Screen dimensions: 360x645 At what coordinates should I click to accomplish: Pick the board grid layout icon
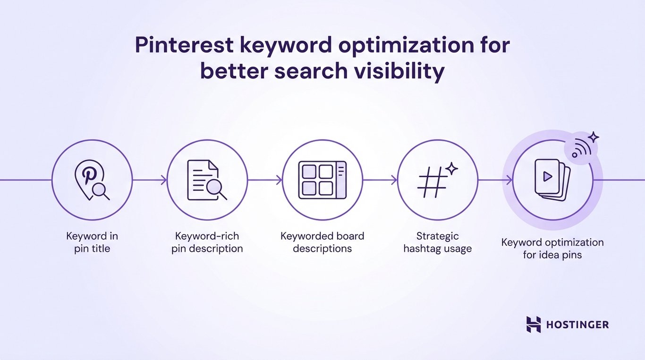(322, 180)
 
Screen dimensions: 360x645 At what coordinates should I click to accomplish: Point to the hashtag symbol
(432, 182)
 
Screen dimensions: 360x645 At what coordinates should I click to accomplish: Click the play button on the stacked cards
(548, 177)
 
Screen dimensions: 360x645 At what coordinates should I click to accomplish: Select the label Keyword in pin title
(92, 242)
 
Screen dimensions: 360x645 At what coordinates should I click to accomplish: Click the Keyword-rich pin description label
(207, 242)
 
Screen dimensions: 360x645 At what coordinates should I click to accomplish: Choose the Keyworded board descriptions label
(322, 242)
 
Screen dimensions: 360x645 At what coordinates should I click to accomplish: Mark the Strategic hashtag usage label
(438, 242)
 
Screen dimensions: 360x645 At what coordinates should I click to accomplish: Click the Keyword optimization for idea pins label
(552, 249)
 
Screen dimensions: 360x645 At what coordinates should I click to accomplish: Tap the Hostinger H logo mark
(533, 325)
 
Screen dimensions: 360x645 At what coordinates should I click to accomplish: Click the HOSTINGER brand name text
(577, 325)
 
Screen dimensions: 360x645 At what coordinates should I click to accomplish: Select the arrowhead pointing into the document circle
(164, 180)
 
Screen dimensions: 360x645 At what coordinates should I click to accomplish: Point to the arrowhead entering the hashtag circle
(394, 180)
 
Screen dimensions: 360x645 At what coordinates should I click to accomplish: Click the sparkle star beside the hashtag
(452, 169)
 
